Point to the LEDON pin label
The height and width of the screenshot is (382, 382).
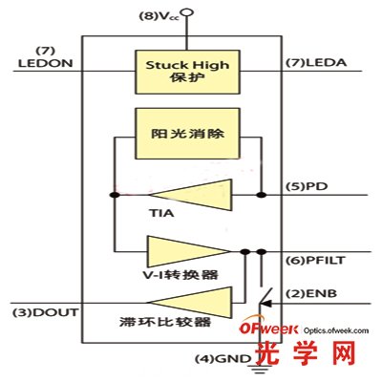point(39,63)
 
